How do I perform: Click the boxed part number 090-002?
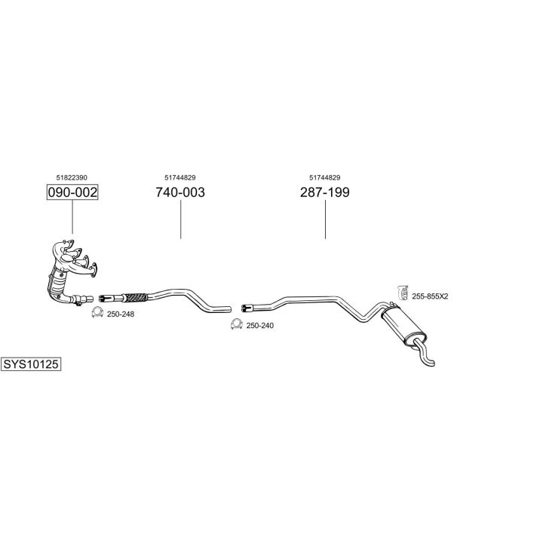[x=72, y=192]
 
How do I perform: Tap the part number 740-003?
[x=179, y=192]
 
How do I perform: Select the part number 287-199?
[x=324, y=192]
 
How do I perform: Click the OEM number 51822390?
[x=72, y=177]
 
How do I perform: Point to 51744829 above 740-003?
[x=179, y=177]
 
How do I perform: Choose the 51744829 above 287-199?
[x=324, y=177]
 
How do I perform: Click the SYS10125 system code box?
[x=30, y=364]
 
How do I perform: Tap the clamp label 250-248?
[x=121, y=314]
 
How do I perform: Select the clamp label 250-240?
[x=260, y=325]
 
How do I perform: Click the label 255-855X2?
[x=430, y=296]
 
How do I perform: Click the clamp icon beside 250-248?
[x=97, y=313]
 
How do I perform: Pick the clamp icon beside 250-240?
[x=236, y=325]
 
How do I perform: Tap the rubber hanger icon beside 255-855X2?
[x=402, y=293]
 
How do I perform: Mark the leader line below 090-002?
[x=72, y=217]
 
